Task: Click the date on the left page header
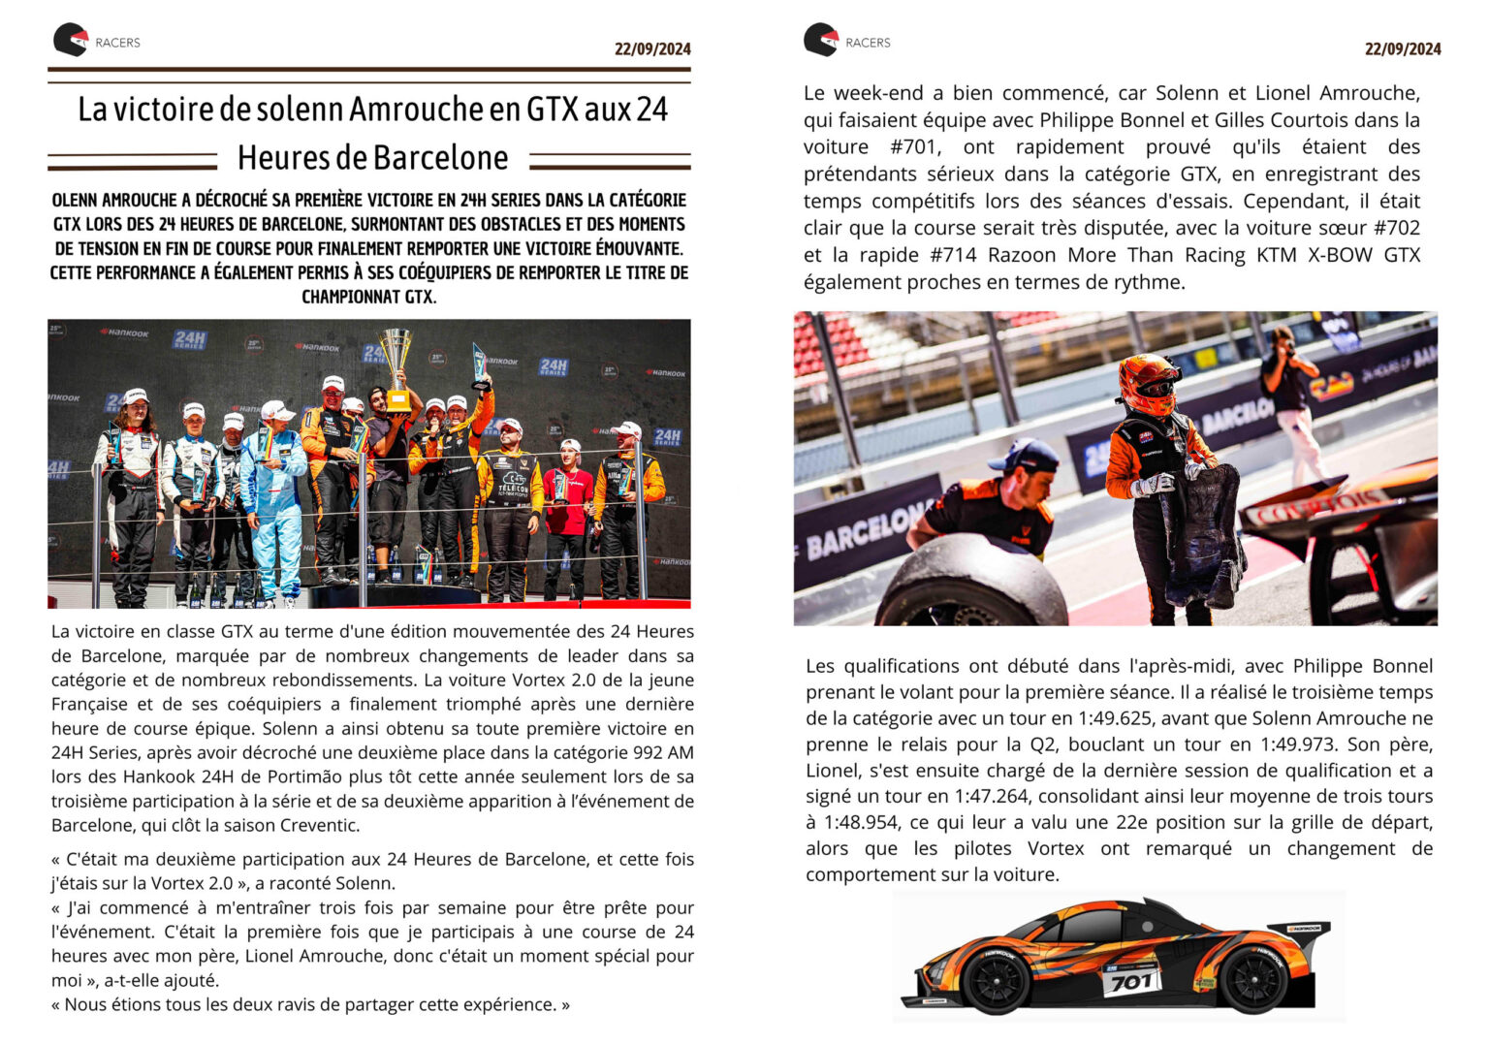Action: (652, 48)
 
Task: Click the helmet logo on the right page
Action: (820, 40)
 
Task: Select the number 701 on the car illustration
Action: (1130, 982)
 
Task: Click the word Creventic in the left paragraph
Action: (319, 825)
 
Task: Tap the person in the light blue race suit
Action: (274, 494)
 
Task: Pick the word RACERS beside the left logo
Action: (117, 43)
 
